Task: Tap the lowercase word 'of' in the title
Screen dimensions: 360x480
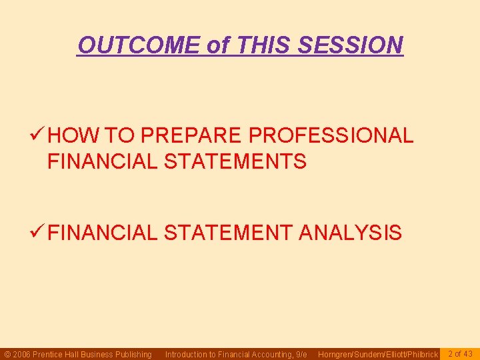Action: point(217,45)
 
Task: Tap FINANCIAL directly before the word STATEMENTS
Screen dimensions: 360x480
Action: point(102,161)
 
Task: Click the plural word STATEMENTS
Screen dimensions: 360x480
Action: point(235,161)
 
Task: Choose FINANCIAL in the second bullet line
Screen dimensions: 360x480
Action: point(102,233)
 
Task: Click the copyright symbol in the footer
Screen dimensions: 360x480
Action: point(7,354)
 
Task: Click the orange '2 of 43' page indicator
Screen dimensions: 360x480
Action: point(459,353)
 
